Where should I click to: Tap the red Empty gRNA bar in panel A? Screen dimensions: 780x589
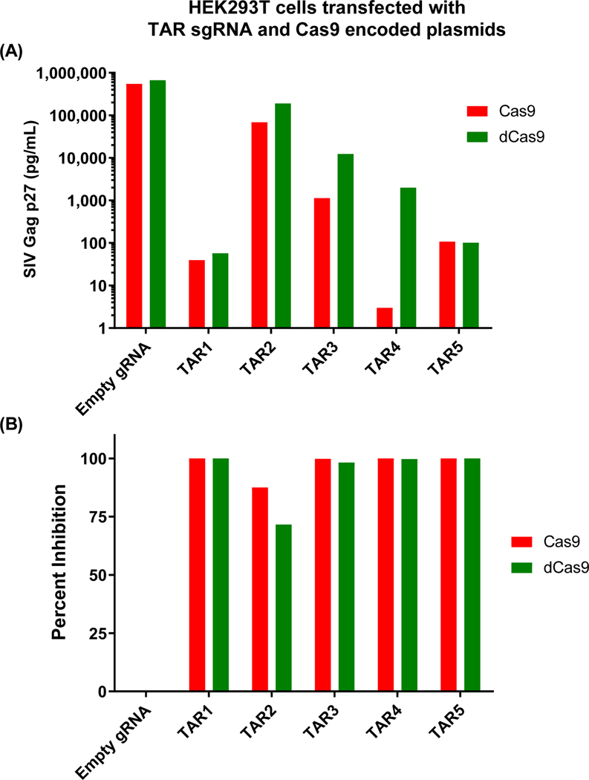[x=134, y=206]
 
